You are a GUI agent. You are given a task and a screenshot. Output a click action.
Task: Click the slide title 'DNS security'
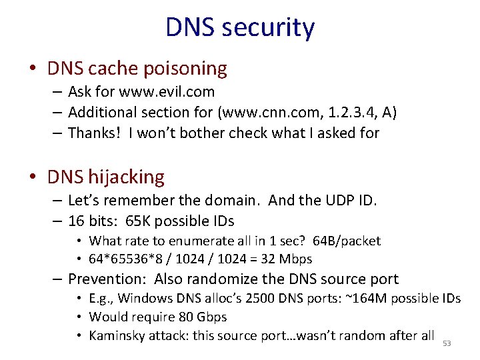(x=240, y=28)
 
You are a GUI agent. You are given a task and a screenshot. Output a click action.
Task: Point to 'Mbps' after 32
(x=297, y=259)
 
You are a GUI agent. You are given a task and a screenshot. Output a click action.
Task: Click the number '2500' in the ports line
(x=261, y=298)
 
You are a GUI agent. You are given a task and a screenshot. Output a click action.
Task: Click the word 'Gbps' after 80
(x=210, y=317)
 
